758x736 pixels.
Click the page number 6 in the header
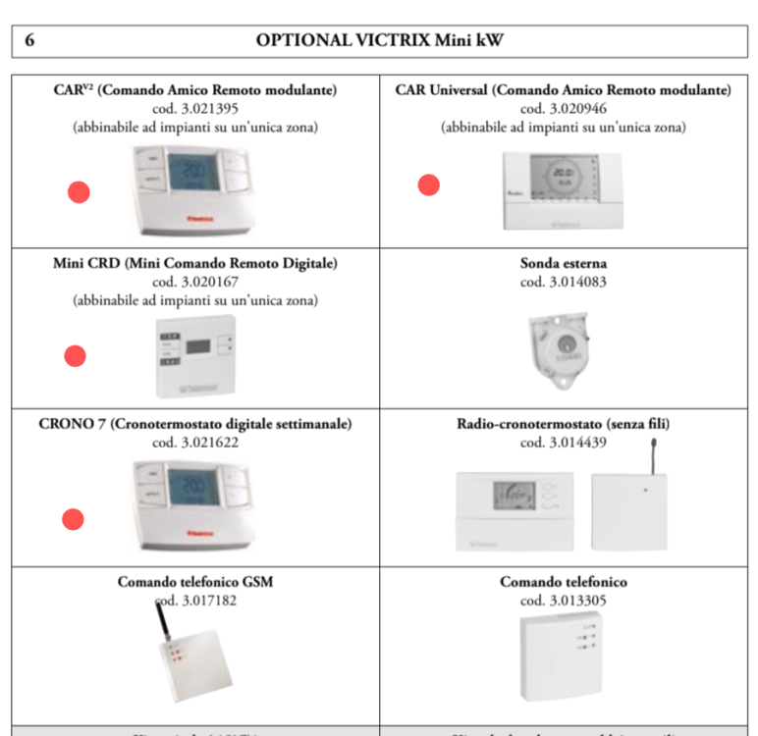click(x=29, y=40)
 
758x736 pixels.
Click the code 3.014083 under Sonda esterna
click(x=563, y=282)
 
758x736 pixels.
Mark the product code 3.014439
click(x=563, y=443)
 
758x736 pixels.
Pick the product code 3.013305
click(x=563, y=601)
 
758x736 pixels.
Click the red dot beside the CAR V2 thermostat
click(x=79, y=192)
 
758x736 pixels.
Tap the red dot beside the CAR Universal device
click(x=429, y=184)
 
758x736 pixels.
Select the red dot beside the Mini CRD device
click(x=75, y=356)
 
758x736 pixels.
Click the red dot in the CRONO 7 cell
click(x=73, y=519)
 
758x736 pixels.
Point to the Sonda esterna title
click(x=563, y=264)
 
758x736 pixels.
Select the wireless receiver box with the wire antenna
click(x=628, y=510)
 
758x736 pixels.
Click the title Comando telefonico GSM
click(x=194, y=582)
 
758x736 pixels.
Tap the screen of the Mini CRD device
click(x=200, y=345)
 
